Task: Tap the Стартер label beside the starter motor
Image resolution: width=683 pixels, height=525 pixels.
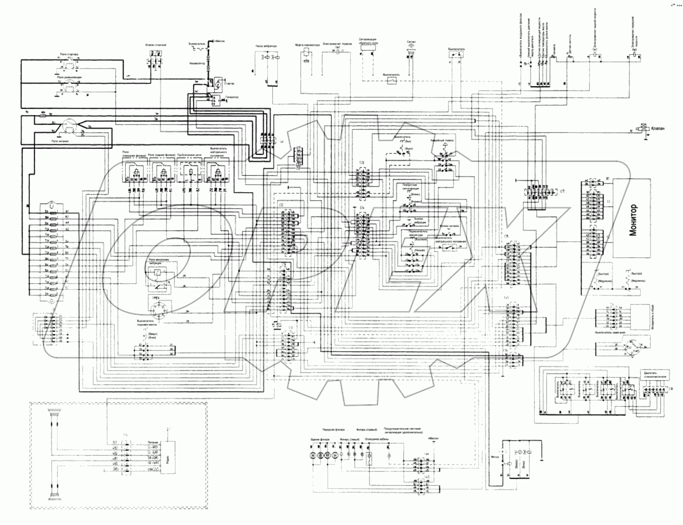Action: tap(229, 84)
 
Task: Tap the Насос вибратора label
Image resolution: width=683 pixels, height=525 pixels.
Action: tap(266, 46)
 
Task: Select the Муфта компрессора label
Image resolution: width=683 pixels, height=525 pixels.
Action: tap(307, 45)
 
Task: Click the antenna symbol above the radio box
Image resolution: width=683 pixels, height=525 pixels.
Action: tap(169, 438)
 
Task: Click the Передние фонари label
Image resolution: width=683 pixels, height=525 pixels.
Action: tap(331, 429)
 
